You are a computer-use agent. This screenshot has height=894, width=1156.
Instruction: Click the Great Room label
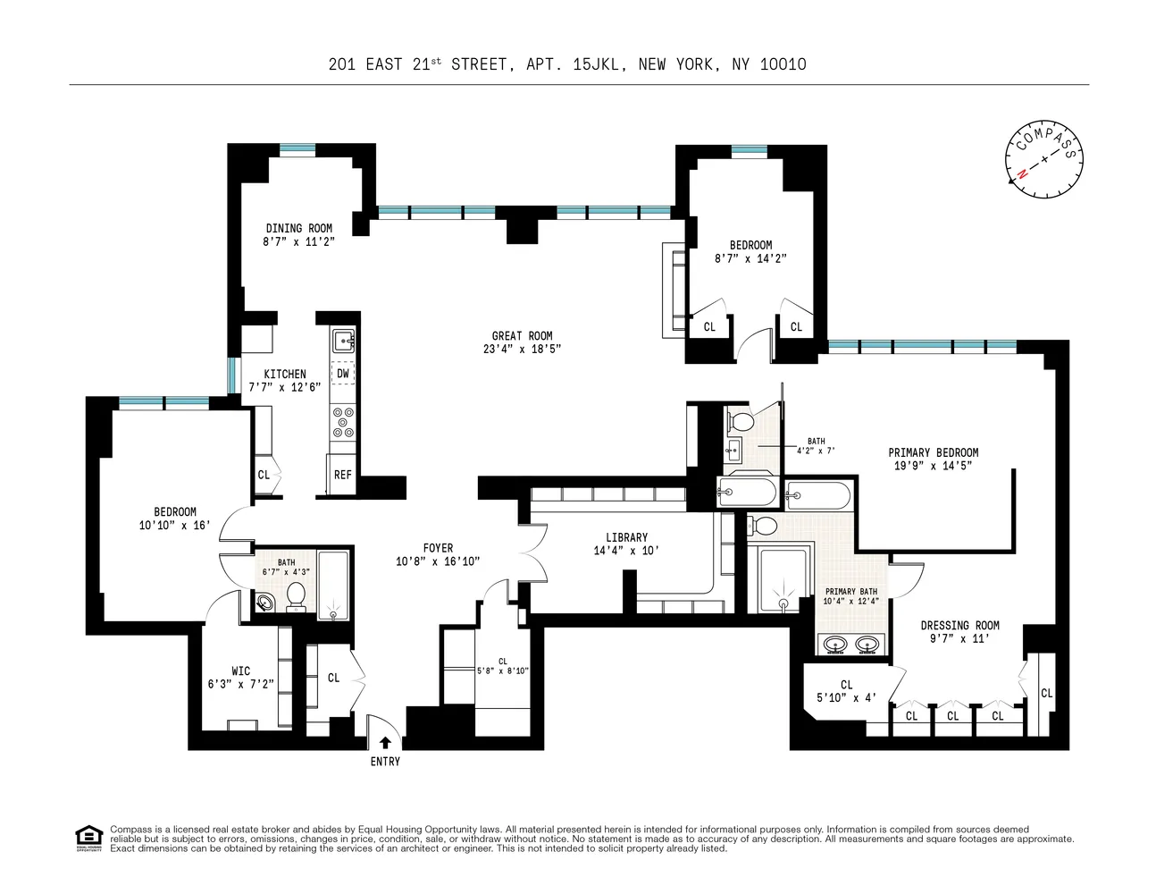point(520,336)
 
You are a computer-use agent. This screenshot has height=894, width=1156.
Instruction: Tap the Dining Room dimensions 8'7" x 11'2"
point(297,241)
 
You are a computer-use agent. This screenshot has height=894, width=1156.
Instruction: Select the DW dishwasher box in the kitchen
point(343,374)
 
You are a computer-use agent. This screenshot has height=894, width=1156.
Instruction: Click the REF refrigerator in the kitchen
point(342,475)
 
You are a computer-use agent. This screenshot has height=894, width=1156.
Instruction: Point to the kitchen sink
point(343,341)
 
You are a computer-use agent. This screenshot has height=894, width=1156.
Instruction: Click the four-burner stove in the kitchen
point(343,422)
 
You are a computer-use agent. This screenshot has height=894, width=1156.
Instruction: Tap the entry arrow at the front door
point(385,741)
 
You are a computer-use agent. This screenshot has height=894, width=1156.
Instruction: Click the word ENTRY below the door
point(385,762)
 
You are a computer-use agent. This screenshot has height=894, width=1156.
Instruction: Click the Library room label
point(626,538)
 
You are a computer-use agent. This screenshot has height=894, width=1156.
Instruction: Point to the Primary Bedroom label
point(933,452)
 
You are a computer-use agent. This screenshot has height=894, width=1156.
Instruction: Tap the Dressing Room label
point(959,626)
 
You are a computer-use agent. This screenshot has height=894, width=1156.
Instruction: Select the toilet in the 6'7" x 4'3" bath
point(296,595)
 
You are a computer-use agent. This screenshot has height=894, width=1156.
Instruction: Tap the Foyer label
point(438,548)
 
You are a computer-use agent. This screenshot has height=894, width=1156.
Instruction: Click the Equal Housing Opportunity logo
point(88,839)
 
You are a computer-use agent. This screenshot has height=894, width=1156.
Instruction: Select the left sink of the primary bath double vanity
point(836,644)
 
